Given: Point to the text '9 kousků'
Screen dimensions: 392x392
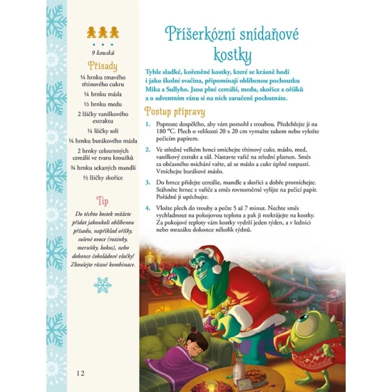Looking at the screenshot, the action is pos(103,52).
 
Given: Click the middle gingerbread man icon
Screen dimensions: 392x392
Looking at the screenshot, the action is pos(103,32).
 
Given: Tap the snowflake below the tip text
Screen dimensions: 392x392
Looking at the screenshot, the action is pos(103,285).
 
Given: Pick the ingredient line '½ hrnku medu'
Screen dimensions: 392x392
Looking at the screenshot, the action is pos(103,102).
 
